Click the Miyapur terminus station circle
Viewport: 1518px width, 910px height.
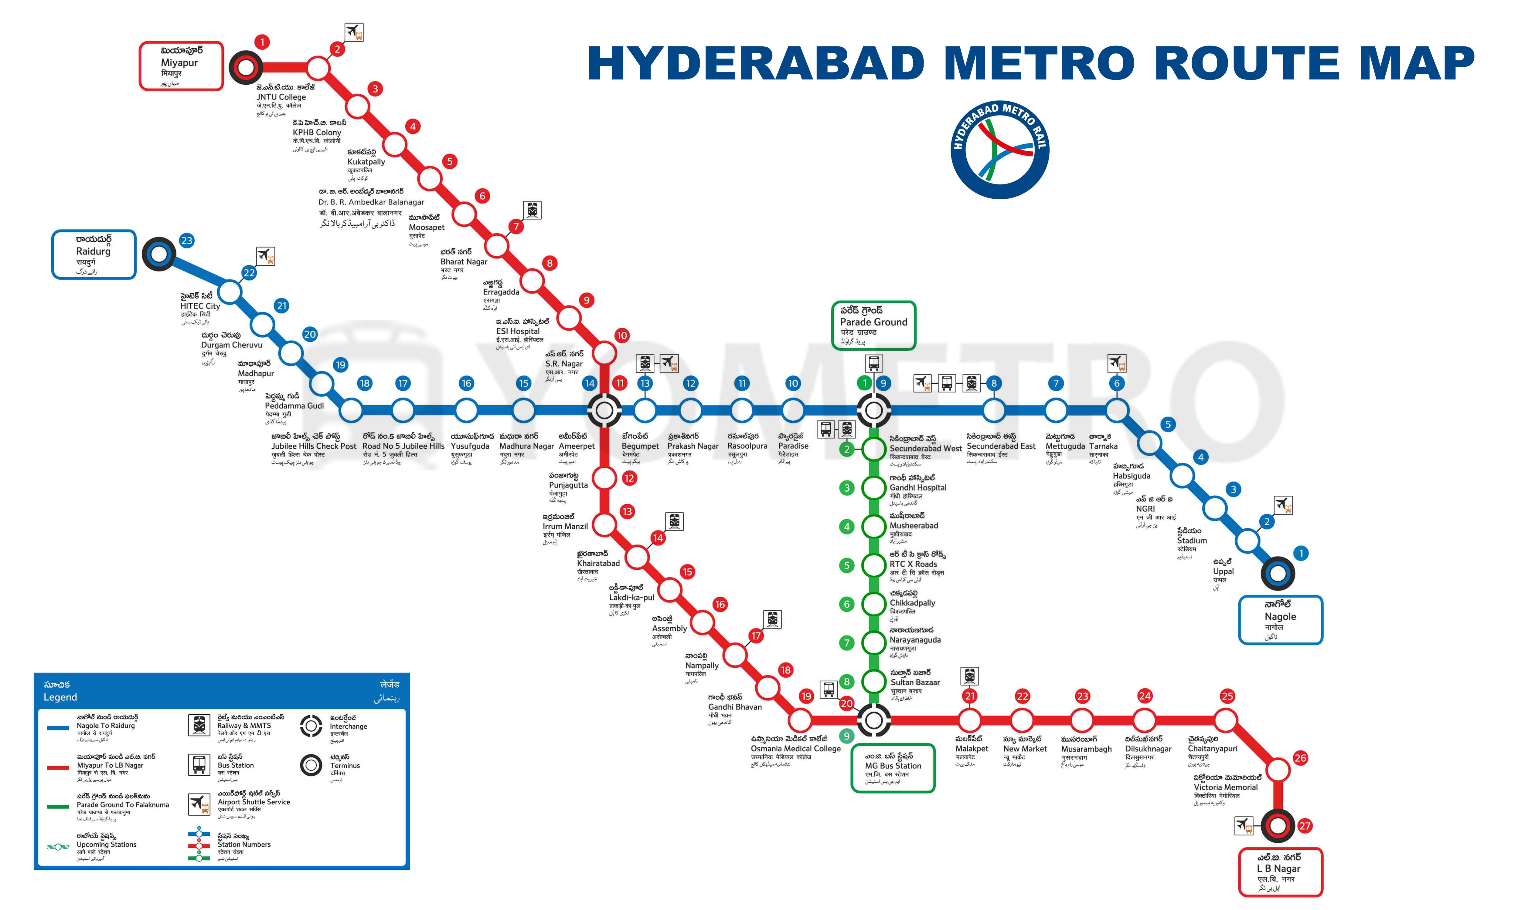pyautogui.click(x=245, y=67)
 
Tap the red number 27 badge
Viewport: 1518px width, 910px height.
pyautogui.click(x=1305, y=826)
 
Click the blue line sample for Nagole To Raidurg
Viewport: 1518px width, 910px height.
pyautogui.click(x=58, y=728)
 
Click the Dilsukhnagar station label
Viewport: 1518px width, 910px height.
pyautogui.click(x=1147, y=749)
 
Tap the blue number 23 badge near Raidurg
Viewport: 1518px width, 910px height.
pyautogui.click(x=186, y=240)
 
